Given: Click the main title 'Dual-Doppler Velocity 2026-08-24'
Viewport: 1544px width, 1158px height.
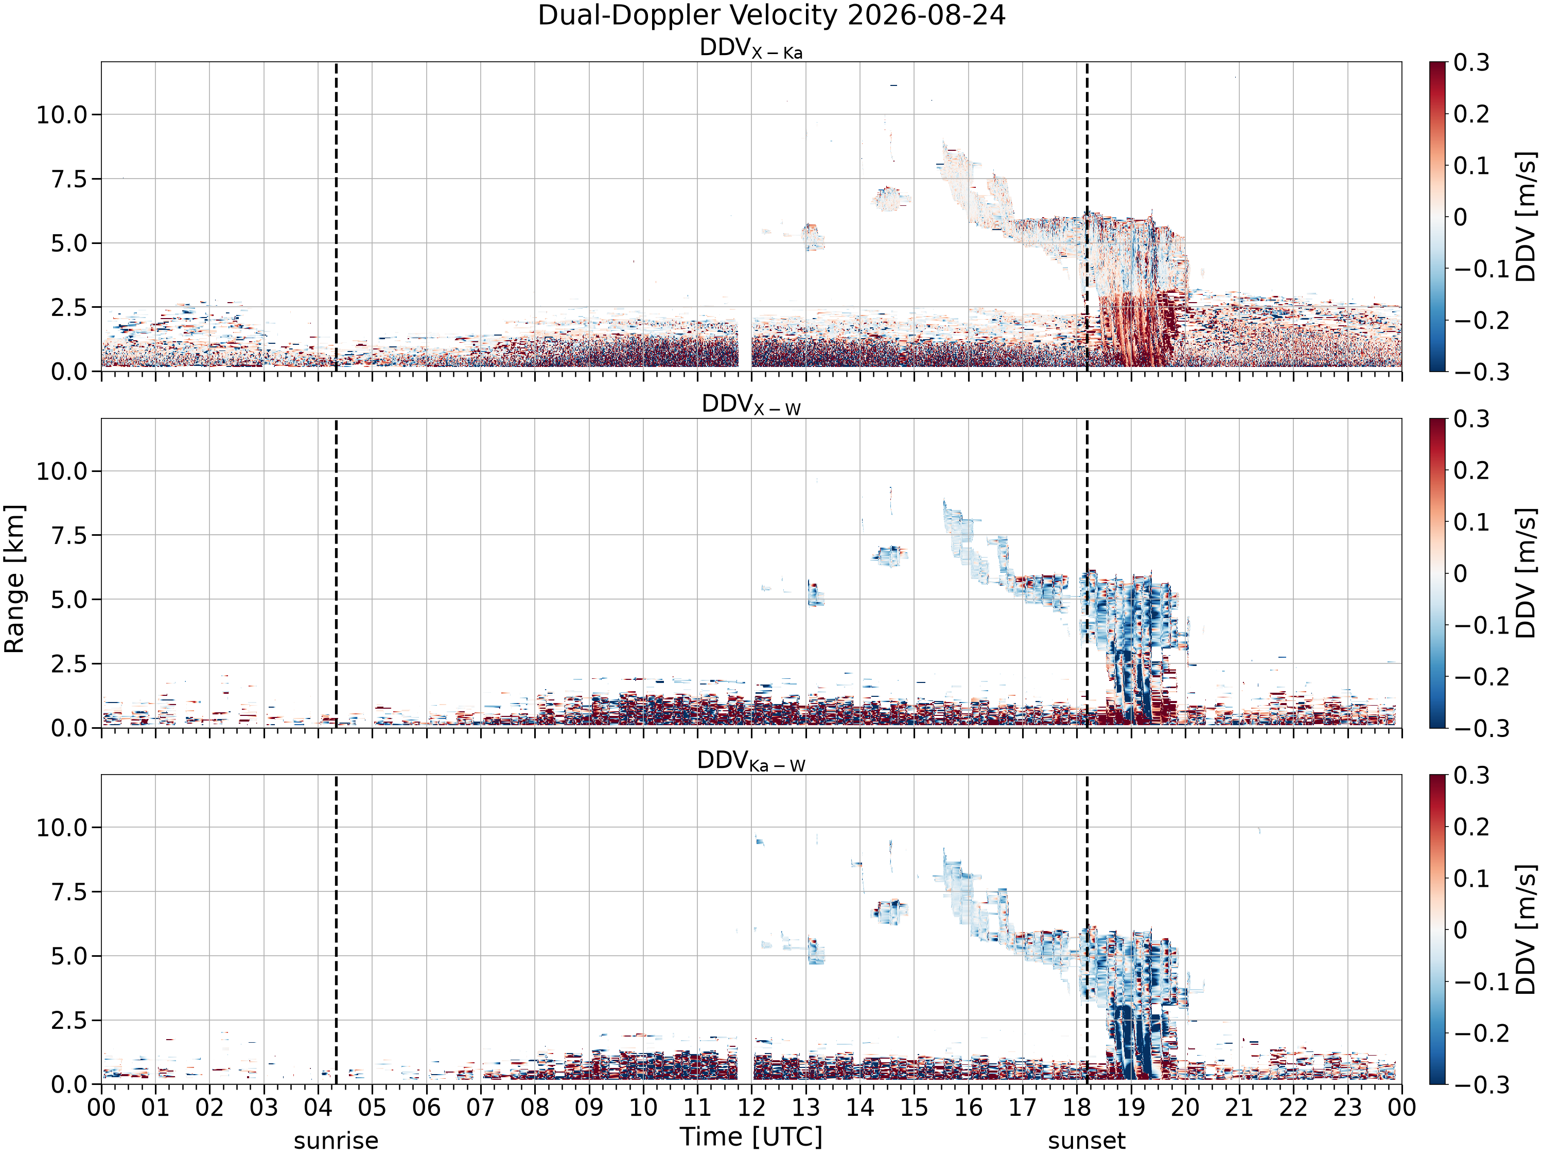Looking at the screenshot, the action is tap(771, 15).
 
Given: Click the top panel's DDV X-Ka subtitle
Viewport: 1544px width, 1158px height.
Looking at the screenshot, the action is tap(751, 48).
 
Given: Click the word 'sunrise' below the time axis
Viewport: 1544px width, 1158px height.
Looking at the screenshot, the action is tap(336, 1141).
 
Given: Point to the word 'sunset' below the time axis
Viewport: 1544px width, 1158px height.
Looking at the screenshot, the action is tap(1087, 1141).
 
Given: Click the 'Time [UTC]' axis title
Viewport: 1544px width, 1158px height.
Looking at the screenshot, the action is tap(751, 1136).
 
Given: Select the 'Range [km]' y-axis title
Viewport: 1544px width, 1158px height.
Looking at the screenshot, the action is tap(14, 578).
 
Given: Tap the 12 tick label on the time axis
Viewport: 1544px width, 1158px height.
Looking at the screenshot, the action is tap(751, 1107).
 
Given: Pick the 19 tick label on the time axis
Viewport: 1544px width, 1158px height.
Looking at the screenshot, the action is tap(1131, 1107).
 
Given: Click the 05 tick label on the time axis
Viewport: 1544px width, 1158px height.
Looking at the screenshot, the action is tap(372, 1107).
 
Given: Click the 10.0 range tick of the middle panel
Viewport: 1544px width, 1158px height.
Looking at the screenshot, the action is tap(62, 471).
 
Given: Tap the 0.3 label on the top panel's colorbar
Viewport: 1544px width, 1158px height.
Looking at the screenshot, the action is tap(1471, 62).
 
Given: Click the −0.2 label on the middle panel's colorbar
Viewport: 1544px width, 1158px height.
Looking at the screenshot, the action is tap(1479, 676).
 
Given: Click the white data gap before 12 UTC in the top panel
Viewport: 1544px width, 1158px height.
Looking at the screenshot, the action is tap(745, 342).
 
